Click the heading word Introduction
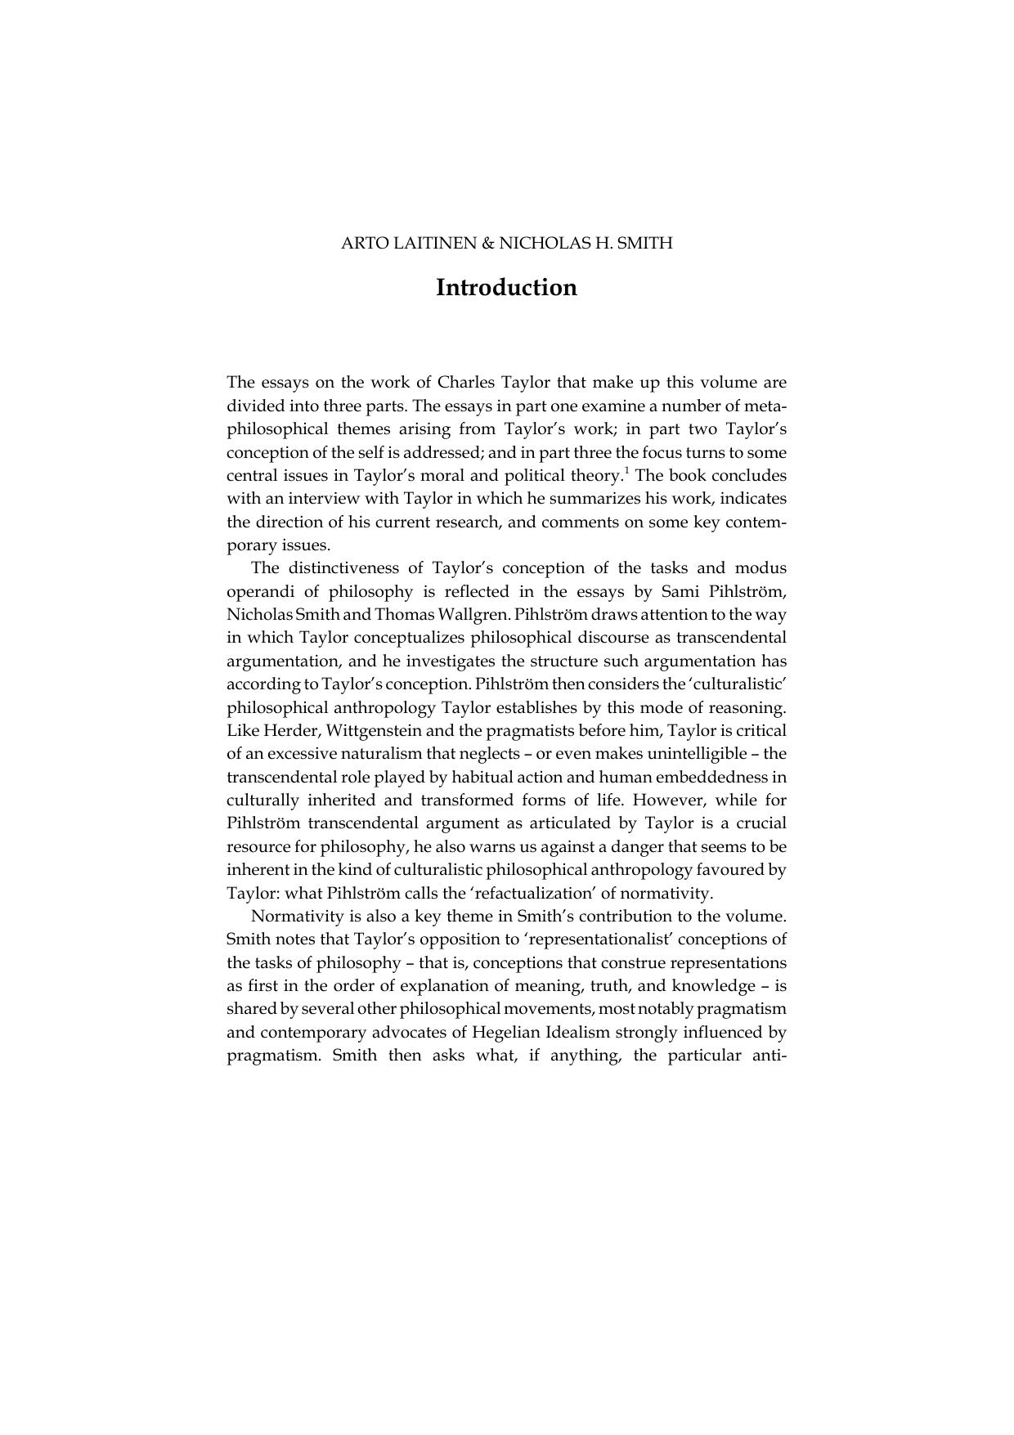click(x=506, y=288)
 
